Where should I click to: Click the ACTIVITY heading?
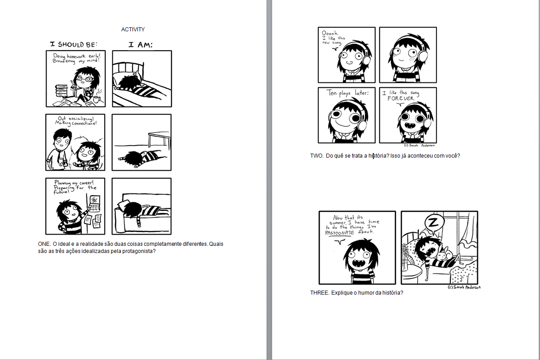click(x=133, y=30)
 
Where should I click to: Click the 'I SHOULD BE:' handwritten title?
click(x=74, y=44)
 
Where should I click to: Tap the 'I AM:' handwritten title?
click(x=141, y=45)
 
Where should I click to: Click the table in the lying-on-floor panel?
click(x=159, y=139)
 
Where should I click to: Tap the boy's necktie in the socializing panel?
click(x=59, y=157)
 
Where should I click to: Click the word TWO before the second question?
click(x=317, y=156)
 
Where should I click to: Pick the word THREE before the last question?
click(x=319, y=293)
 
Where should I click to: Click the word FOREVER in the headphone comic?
click(x=401, y=99)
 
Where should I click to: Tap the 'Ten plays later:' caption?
click(x=347, y=93)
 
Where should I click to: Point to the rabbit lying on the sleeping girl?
click(x=445, y=254)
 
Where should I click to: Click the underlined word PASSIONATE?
click(x=339, y=233)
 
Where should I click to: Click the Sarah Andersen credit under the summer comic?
click(x=464, y=287)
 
